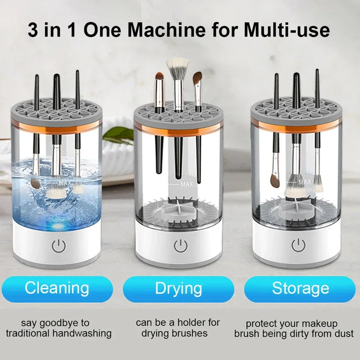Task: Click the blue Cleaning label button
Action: (x=57, y=288)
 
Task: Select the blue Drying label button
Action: (x=178, y=288)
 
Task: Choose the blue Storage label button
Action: (x=300, y=288)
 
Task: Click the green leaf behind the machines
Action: (x=117, y=134)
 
